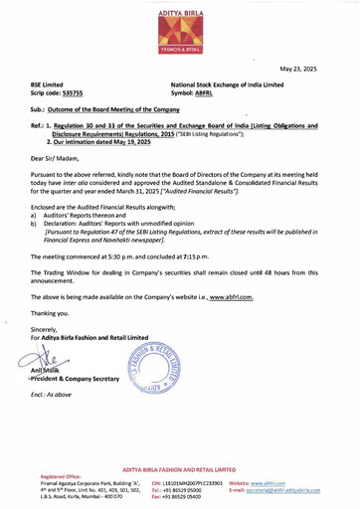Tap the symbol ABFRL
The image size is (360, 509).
[x=206, y=97]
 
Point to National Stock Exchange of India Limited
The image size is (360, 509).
[x=233, y=88]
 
